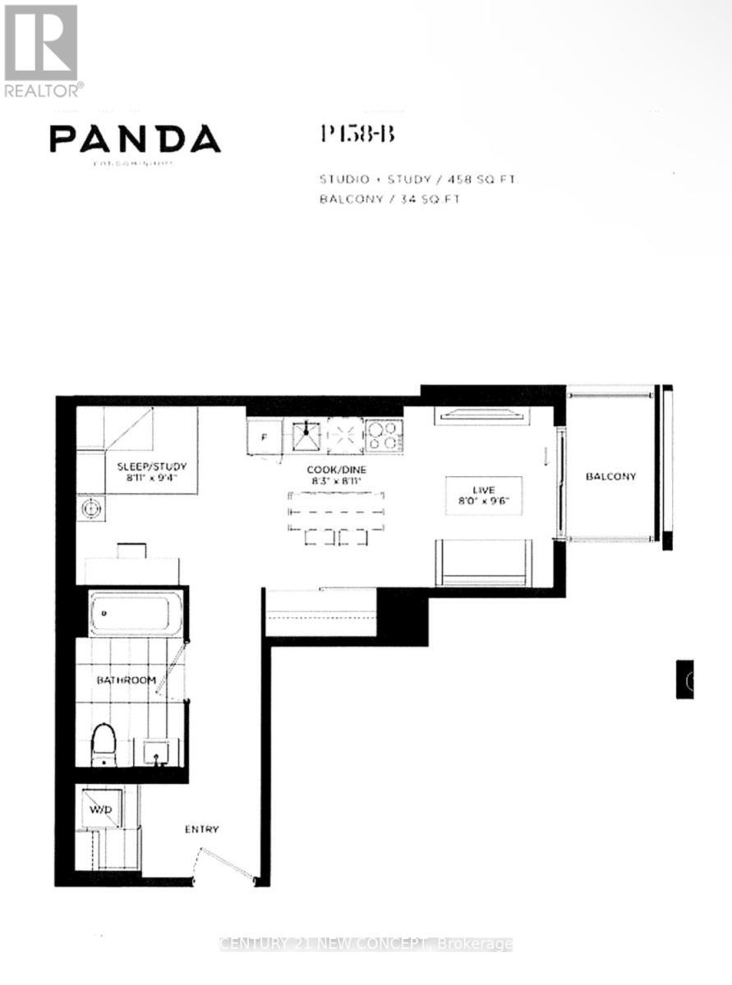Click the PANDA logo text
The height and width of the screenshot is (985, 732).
135,139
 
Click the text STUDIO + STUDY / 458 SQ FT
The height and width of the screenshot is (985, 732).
416,179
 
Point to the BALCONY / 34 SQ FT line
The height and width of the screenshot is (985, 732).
389,199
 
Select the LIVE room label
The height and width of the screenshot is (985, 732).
484,489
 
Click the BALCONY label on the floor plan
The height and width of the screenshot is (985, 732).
610,476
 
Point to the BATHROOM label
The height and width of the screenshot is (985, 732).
126,680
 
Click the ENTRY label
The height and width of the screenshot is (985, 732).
201,829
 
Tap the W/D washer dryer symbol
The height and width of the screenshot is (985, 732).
102,810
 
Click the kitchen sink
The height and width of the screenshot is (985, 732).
308,436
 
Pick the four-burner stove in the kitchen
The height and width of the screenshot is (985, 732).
384,436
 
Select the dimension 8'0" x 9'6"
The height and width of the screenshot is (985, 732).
484,500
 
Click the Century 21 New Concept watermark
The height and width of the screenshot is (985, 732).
366,944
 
